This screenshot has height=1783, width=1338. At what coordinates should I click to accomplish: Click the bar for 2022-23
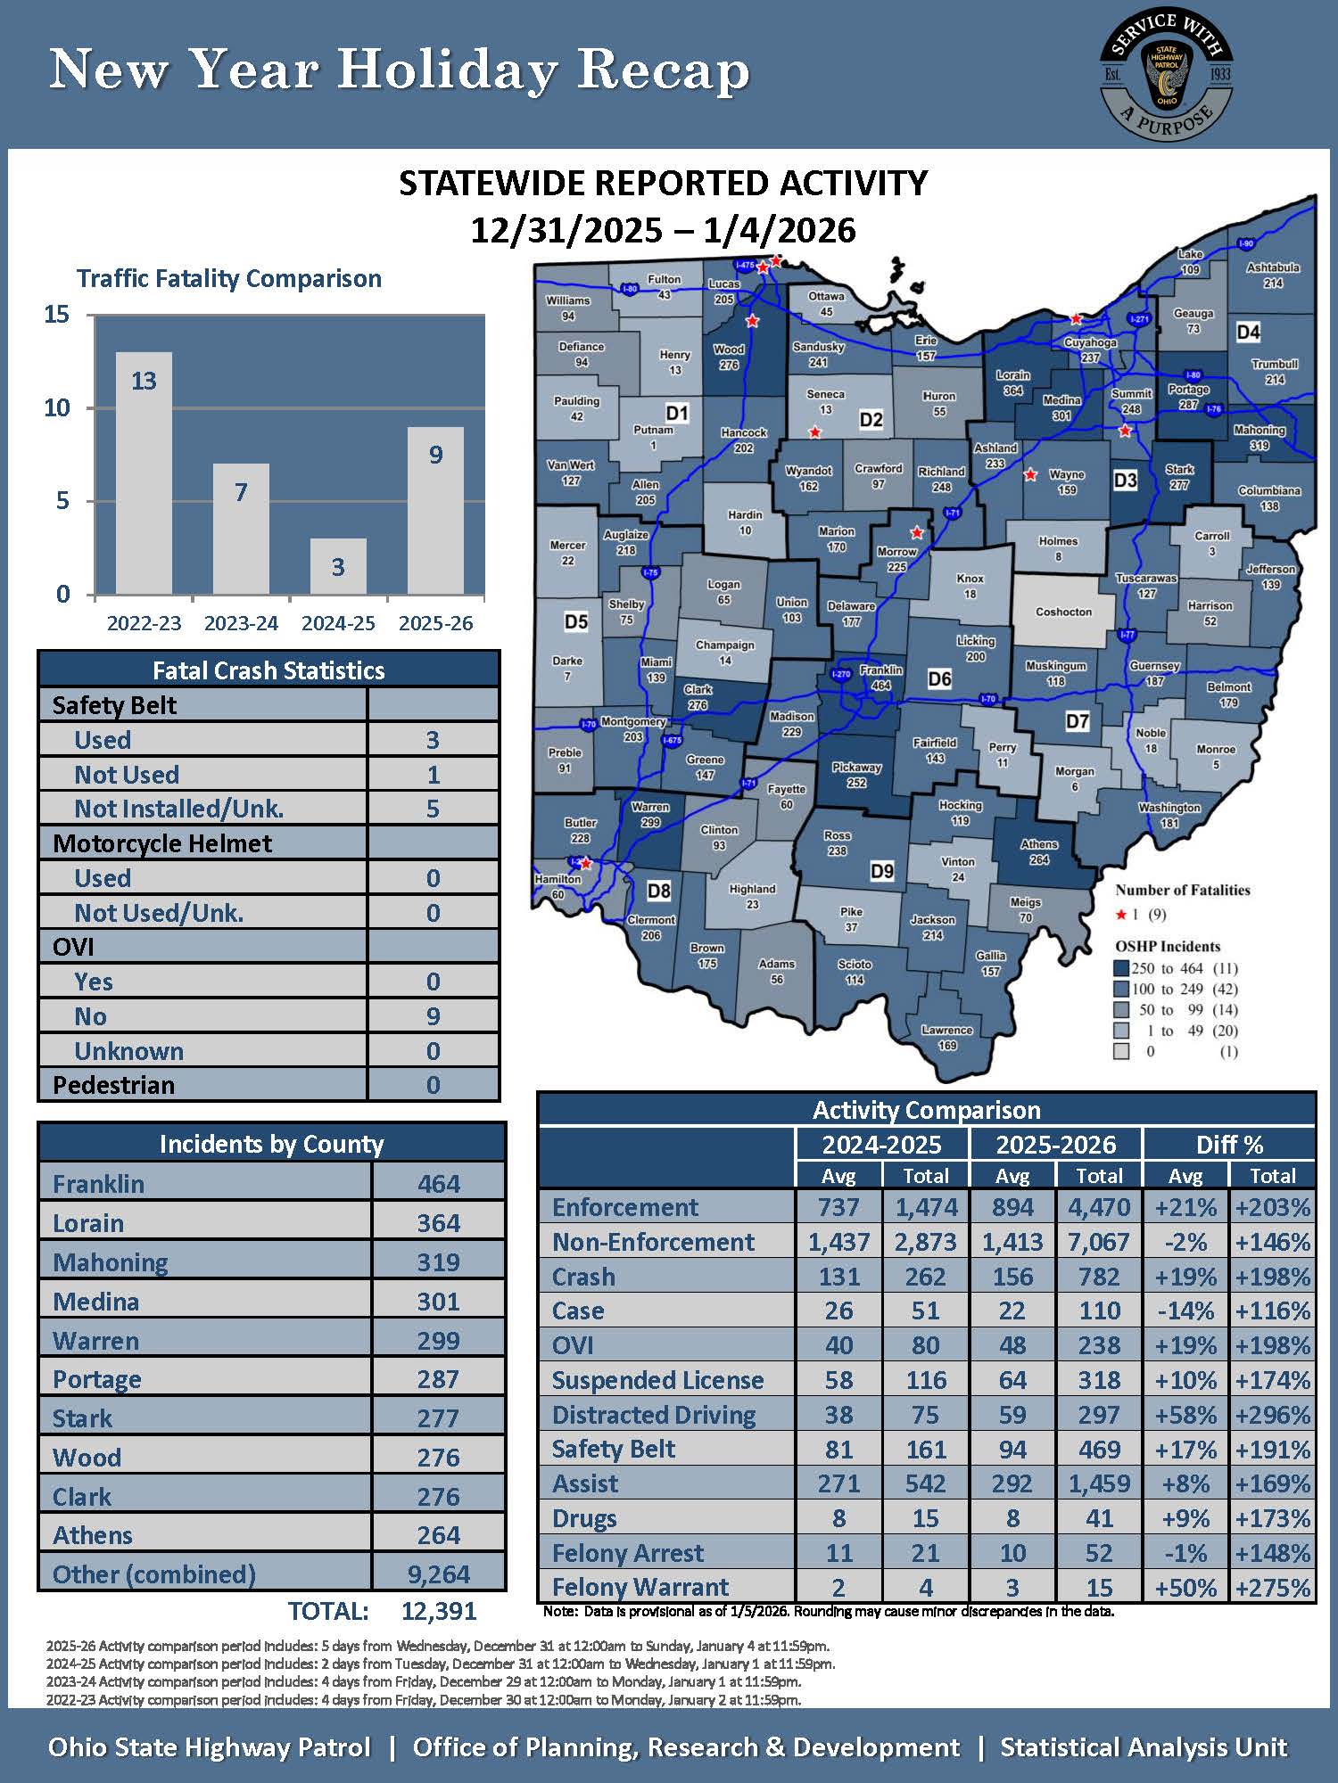coord(144,472)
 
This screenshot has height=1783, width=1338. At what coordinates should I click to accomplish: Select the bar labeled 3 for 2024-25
coord(338,566)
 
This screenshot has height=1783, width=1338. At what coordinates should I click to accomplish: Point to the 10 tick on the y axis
coord(57,408)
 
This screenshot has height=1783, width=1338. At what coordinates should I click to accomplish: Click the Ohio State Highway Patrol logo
coord(1166,75)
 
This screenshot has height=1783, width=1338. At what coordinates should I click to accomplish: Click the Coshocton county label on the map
coord(1063,612)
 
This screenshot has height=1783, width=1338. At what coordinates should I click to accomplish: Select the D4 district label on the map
coord(1248,333)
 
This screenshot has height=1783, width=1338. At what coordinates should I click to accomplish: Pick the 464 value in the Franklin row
coord(439,1184)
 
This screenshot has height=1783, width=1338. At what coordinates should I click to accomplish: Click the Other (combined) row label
coord(154,1574)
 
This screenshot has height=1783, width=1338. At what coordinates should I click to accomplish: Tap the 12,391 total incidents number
coord(439,1611)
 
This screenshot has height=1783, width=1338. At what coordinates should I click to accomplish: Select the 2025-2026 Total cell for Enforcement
coord(1099,1207)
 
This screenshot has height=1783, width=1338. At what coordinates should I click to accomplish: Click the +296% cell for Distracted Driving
coord(1272,1415)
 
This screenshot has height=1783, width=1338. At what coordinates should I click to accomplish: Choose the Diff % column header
coord(1229,1145)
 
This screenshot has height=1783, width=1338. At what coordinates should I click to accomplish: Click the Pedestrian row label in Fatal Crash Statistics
coord(113,1085)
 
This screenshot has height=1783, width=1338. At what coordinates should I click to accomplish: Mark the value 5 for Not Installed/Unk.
coord(433,809)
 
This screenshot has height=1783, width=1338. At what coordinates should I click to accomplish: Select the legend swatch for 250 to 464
coord(1121,968)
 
